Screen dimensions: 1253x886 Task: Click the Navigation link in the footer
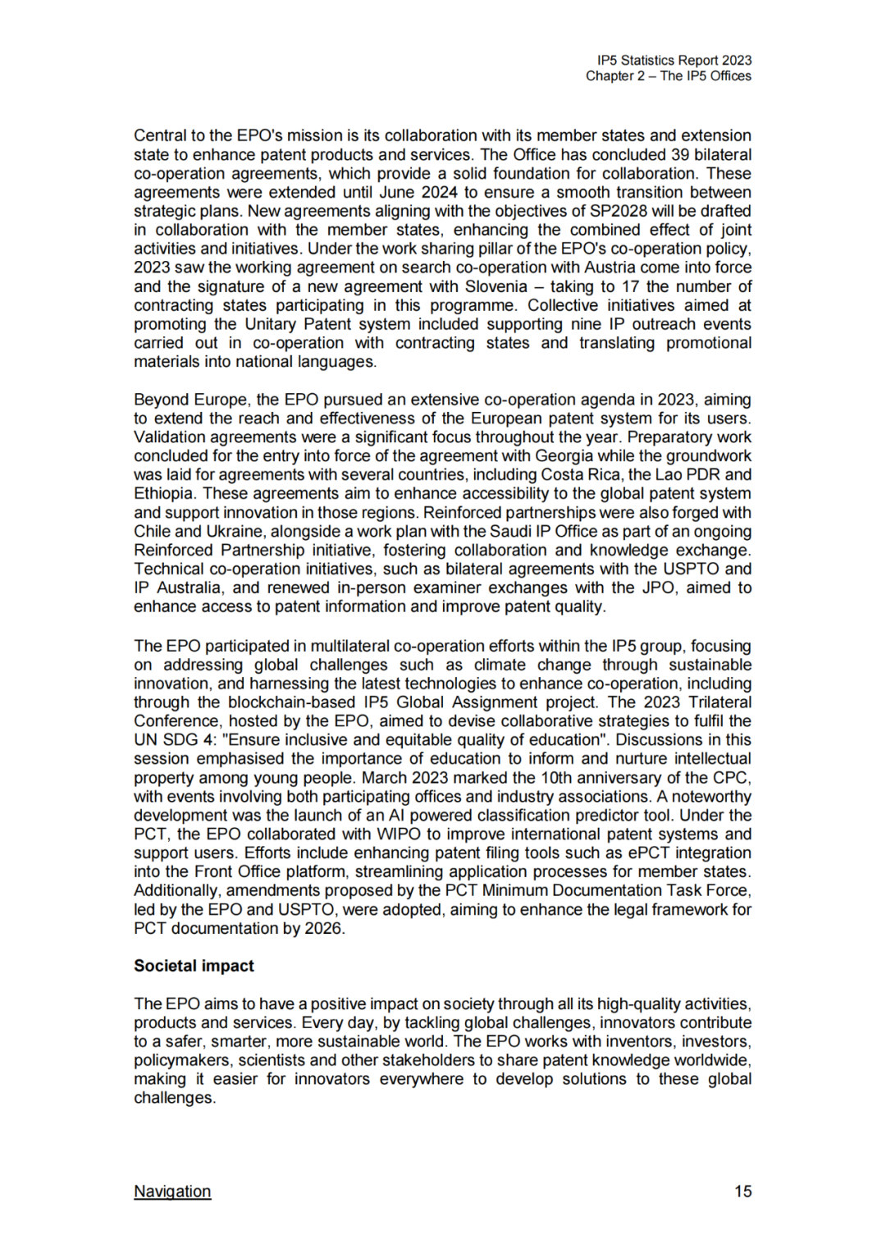point(172,1191)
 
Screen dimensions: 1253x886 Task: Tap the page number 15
point(742,1191)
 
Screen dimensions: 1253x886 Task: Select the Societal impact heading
point(194,966)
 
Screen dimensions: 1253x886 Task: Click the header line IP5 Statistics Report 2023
point(674,60)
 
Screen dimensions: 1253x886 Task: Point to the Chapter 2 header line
point(669,76)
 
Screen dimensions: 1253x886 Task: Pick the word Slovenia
point(496,286)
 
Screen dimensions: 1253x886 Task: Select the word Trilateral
point(719,702)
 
